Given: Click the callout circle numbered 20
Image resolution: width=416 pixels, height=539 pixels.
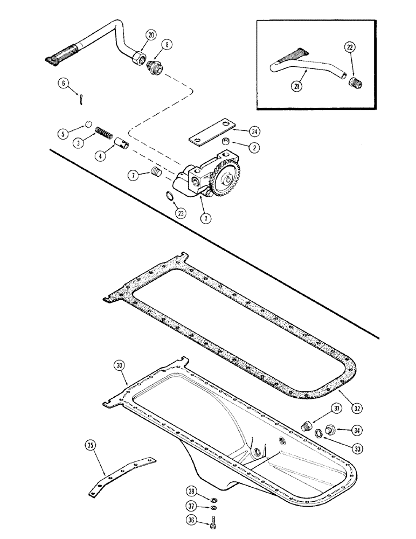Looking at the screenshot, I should pos(150,36).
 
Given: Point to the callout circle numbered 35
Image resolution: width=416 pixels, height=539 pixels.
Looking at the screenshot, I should pos(91,445).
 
